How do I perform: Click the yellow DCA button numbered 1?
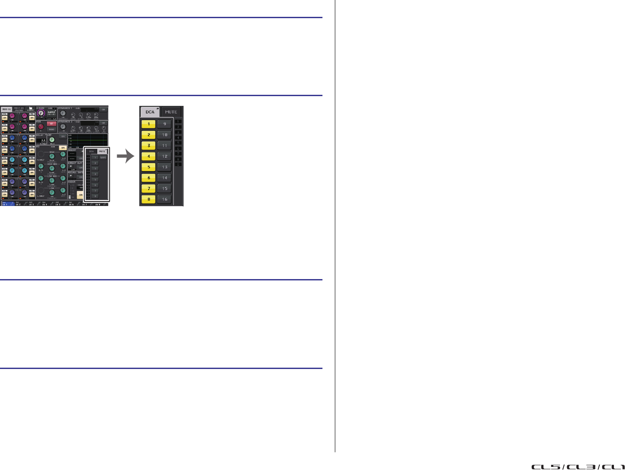[x=148, y=124]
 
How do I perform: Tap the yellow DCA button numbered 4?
[x=148, y=156]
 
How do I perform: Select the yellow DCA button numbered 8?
[x=148, y=199]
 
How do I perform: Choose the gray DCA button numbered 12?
[x=165, y=156]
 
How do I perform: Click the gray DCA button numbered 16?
[x=165, y=199]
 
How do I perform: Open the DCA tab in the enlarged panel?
[x=150, y=112]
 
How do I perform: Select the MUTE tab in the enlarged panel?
[x=171, y=112]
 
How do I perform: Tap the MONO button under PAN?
[x=52, y=129]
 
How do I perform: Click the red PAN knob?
[x=41, y=127]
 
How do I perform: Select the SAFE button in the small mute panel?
[x=103, y=158]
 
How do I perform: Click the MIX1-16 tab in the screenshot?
[x=6, y=109]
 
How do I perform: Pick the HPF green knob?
[x=52, y=140]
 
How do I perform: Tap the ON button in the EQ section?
[x=63, y=148]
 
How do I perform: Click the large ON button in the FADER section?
[x=80, y=194]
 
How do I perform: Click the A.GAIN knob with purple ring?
[x=42, y=113]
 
